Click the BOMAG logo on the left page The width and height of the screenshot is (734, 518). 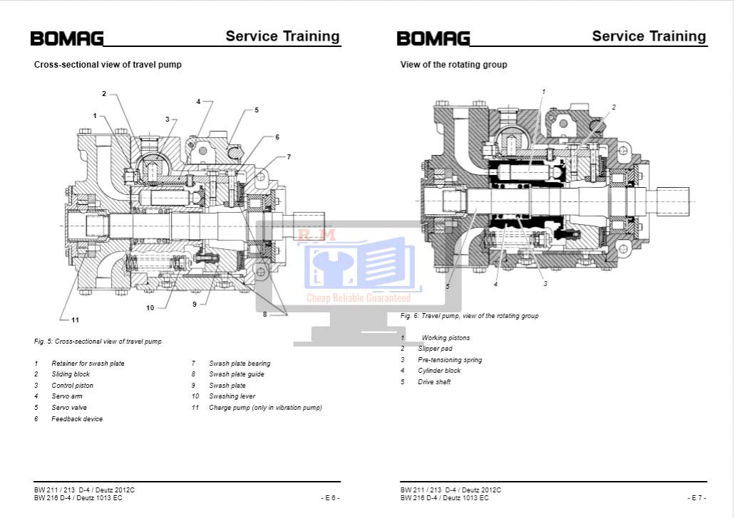[x=67, y=38]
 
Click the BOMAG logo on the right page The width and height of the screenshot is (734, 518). [x=433, y=38]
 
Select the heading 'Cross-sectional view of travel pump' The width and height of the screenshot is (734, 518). [x=108, y=65]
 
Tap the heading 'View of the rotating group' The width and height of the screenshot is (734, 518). [x=453, y=65]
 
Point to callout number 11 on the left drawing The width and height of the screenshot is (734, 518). [x=75, y=319]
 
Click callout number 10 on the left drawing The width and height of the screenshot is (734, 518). [x=150, y=308]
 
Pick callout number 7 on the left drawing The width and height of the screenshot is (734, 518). [x=289, y=157]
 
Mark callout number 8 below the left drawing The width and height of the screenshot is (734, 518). [x=264, y=314]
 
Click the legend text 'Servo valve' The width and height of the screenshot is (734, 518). [x=69, y=408]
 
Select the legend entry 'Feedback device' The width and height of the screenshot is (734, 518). [x=77, y=419]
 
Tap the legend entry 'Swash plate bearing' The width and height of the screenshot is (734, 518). [x=239, y=364]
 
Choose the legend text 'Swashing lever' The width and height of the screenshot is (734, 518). [x=232, y=396]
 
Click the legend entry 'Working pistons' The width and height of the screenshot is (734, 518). [x=445, y=338]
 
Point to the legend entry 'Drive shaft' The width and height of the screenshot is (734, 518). [x=434, y=382]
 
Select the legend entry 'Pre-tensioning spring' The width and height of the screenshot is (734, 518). [x=450, y=360]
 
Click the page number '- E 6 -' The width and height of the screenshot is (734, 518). [x=330, y=497]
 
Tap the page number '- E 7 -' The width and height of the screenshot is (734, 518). [x=696, y=497]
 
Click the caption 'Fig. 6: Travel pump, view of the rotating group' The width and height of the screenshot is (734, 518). [x=469, y=316]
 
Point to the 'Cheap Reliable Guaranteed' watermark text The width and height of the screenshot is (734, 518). [x=358, y=298]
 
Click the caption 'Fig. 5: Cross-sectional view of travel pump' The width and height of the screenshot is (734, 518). [x=98, y=342]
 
